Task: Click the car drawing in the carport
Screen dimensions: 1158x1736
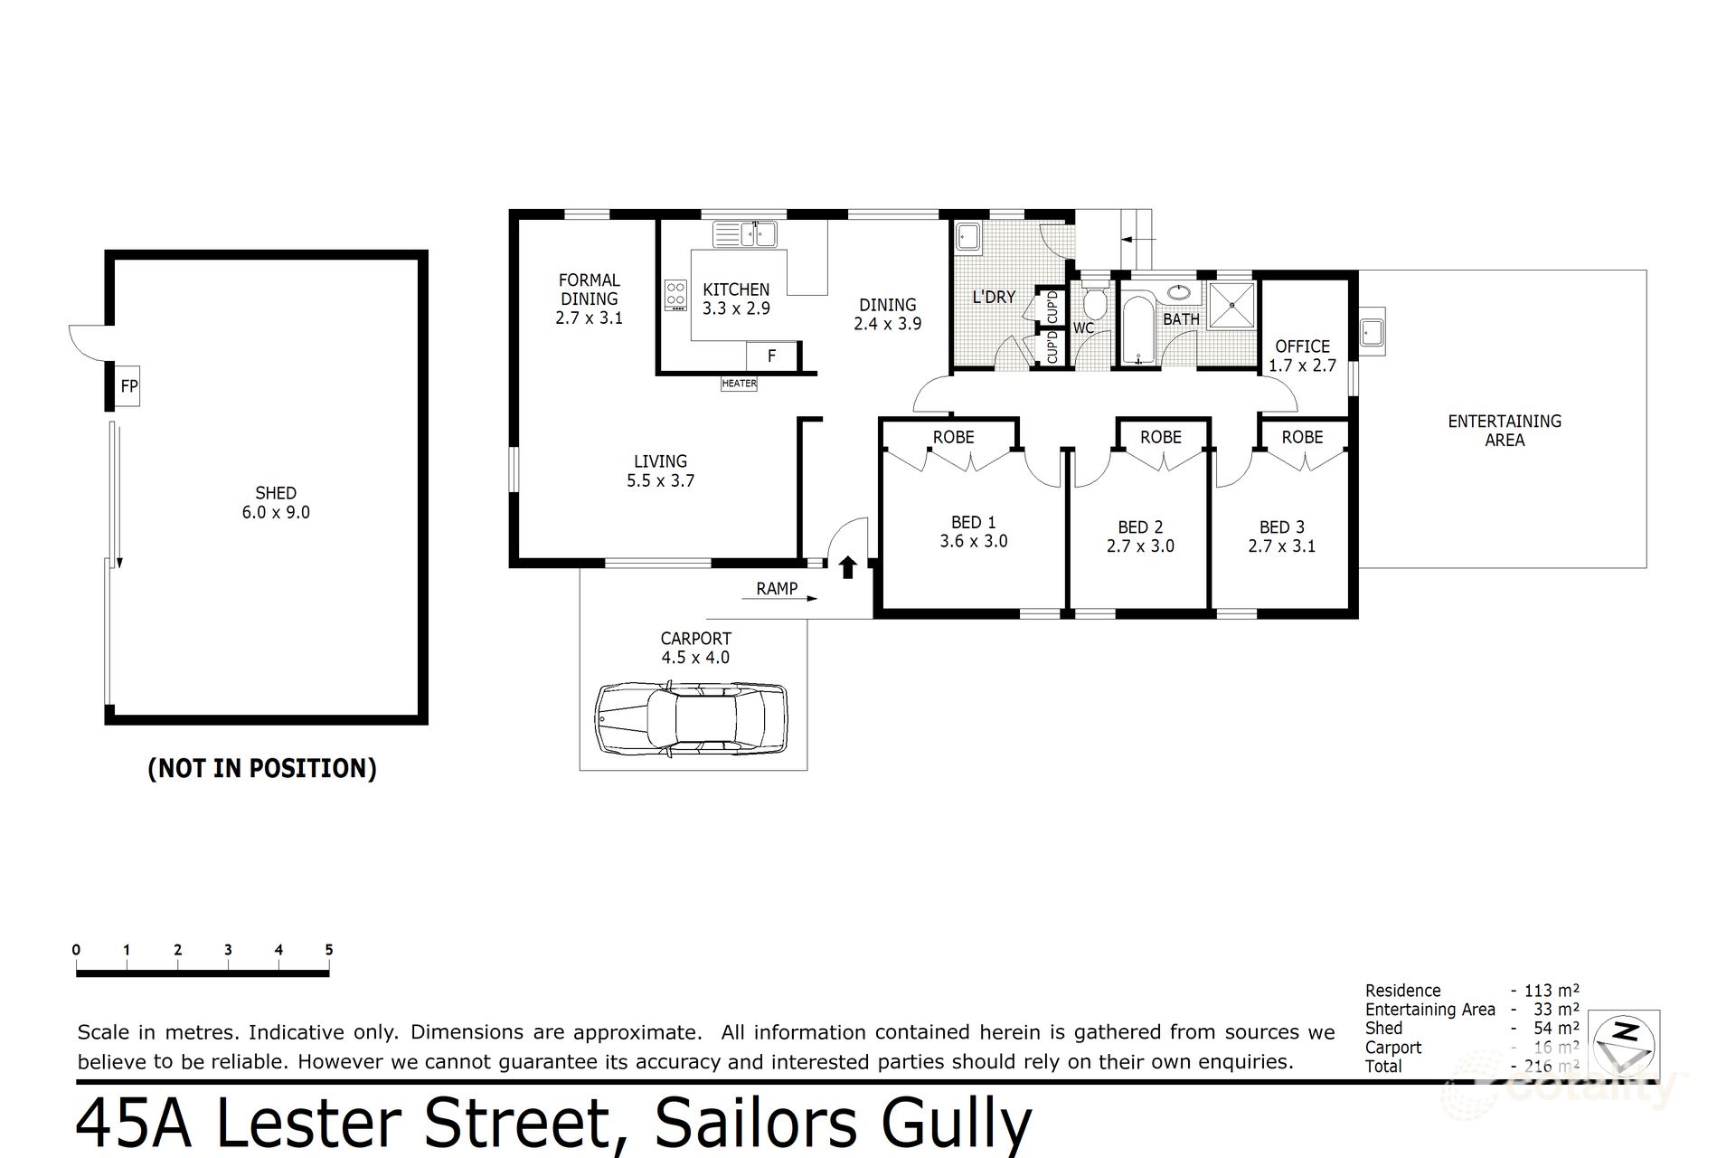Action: [691, 718]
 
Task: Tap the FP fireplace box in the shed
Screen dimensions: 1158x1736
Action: [128, 386]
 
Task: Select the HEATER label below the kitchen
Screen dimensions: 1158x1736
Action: [739, 384]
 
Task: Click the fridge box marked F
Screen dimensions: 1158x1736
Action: [771, 356]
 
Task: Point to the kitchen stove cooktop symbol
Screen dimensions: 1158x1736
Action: [675, 295]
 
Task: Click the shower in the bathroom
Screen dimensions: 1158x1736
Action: [1231, 305]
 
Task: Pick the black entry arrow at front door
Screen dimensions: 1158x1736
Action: [847, 567]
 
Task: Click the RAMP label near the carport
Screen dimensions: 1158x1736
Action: [777, 589]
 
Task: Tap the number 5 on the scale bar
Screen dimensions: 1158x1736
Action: [329, 950]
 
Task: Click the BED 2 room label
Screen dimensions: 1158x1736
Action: [1140, 527]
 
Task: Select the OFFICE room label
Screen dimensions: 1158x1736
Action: [1302, 346]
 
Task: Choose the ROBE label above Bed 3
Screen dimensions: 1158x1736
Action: [1302, 437]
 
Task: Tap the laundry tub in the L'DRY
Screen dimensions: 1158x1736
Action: [968, 237]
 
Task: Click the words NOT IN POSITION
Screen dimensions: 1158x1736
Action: [262, 768]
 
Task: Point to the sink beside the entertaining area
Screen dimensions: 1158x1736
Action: [1371, 331]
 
